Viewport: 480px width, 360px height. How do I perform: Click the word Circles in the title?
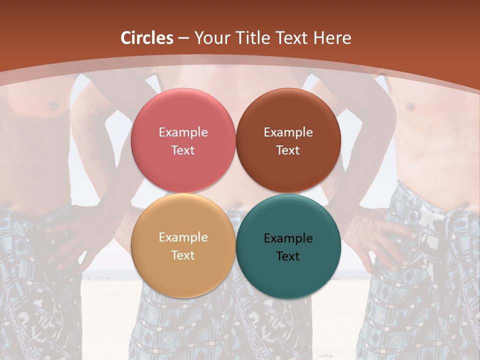click(146, 38)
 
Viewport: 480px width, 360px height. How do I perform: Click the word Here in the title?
click(332, 38)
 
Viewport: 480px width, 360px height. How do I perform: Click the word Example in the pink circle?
click(183, 132)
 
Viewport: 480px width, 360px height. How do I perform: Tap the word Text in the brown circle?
click(288, 150)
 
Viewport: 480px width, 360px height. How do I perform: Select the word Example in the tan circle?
click(183, 237)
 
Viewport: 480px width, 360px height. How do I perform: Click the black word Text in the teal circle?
click(288, 256)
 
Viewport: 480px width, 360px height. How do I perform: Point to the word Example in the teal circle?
click(288, 238)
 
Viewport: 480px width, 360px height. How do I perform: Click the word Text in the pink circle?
click(183, 150)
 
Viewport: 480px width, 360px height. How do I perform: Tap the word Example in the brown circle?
click(288, 132)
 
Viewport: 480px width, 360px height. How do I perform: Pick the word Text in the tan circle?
click(183, 255)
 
